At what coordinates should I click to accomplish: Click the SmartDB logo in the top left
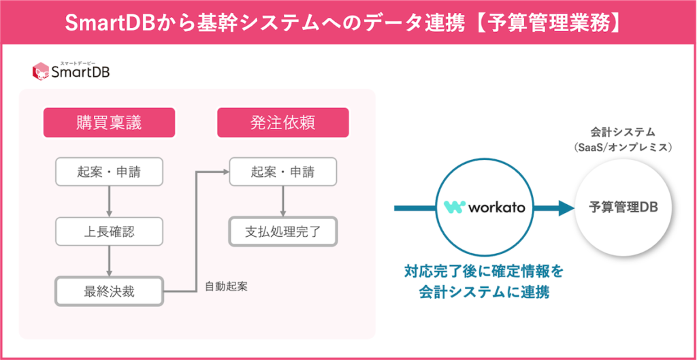tap(71, 70)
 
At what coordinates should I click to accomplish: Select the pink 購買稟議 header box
tap(109, 122)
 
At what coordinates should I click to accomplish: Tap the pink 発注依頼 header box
tap(282, 122)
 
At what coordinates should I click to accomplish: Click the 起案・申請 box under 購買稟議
tap(109, 172)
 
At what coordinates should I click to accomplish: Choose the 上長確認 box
tap(109, 231)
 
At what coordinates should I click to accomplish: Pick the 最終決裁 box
tap(109, 291)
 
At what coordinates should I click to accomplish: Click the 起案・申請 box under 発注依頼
tap(282, 172)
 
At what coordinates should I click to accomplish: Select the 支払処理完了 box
tap(282, 231)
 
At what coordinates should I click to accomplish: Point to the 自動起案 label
tap(226, 286)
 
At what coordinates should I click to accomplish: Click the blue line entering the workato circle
tap(414, 208)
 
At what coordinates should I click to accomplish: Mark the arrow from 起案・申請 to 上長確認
tap(109, 201)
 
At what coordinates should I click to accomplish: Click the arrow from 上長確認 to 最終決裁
tap(109, 261)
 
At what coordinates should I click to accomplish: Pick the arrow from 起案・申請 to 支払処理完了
tap(282, 201)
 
